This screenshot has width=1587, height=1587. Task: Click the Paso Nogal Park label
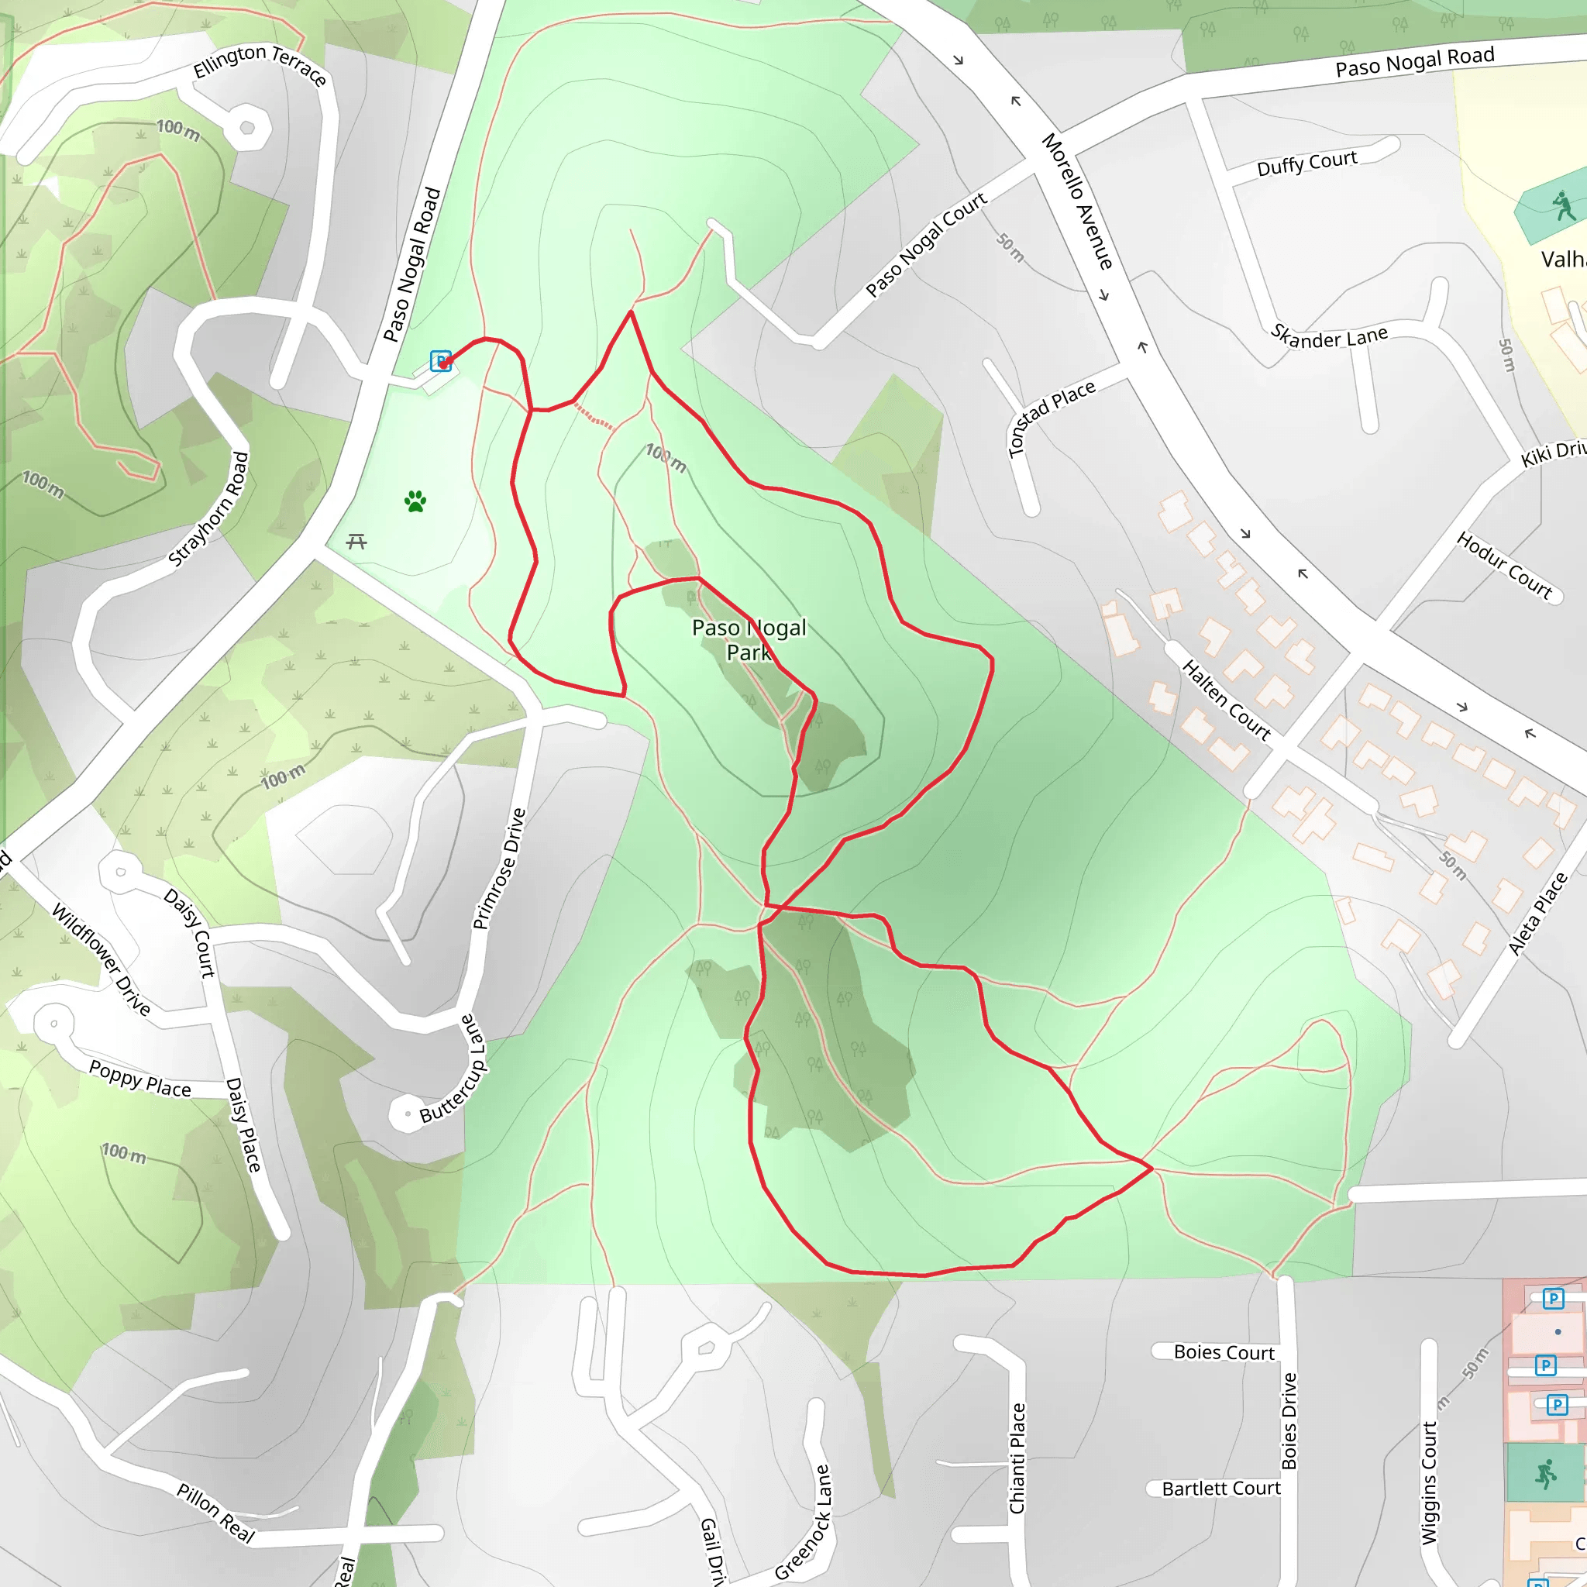click(749, 640)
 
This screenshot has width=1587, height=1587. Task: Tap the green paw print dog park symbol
click(415, 501)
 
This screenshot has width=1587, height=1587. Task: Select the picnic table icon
click(356, 542)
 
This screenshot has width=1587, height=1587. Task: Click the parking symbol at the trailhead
click(441, 361)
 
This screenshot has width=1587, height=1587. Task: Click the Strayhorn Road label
click(208, 508)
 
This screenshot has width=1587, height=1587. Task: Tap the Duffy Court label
click(1307, 163)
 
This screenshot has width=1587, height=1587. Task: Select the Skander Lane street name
click(1329, 336)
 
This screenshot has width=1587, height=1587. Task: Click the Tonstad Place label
click(1051, 418)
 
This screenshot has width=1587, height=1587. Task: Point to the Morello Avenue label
click(1077, 201)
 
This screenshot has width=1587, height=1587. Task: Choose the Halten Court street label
click(1226, 699)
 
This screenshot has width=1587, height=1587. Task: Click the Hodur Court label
click(1504, 566)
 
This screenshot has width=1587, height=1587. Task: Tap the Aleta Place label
click(1537, 914)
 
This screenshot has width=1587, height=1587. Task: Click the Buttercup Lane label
click(453, 1069)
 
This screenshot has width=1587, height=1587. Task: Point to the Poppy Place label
click(139, 1079)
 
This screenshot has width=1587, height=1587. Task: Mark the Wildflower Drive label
click(101, 959)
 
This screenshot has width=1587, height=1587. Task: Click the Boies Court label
click(1224, 1352)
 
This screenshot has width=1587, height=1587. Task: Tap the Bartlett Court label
click(1221, 1489)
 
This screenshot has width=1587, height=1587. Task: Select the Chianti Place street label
click(1017, 1458)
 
